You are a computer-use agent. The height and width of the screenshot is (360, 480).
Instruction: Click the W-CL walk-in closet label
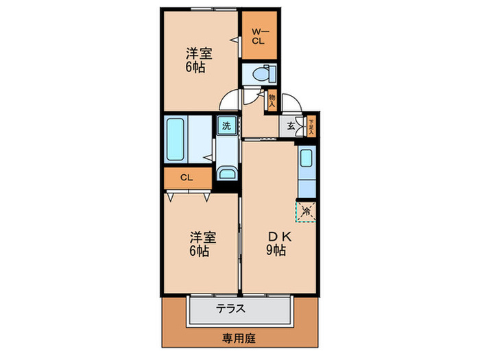point(258,36)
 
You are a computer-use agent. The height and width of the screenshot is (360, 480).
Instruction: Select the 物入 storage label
point(272,100)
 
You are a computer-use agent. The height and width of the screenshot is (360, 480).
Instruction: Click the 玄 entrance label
point(291,125)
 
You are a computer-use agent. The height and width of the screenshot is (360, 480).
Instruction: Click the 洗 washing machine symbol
point(226,125)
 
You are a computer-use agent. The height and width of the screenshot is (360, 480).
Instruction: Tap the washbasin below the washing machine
point(226,171)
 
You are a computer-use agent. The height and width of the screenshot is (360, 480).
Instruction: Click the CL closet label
point(186,178)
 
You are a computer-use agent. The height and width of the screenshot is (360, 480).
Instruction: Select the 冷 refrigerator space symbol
point(307,211)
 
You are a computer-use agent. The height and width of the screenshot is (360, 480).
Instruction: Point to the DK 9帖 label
point(280,243)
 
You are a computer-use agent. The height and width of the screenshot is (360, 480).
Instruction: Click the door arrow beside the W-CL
point(235,40)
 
